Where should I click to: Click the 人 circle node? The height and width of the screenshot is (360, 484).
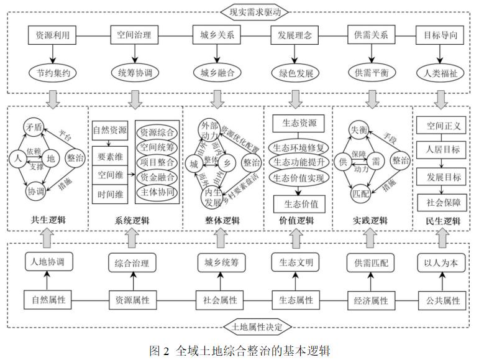coord(15,158)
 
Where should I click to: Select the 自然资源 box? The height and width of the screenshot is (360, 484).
coord(110,131)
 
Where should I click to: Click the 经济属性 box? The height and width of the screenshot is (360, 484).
coord(371,300)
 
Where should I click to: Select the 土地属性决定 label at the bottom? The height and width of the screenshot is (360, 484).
coord(242,326)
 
